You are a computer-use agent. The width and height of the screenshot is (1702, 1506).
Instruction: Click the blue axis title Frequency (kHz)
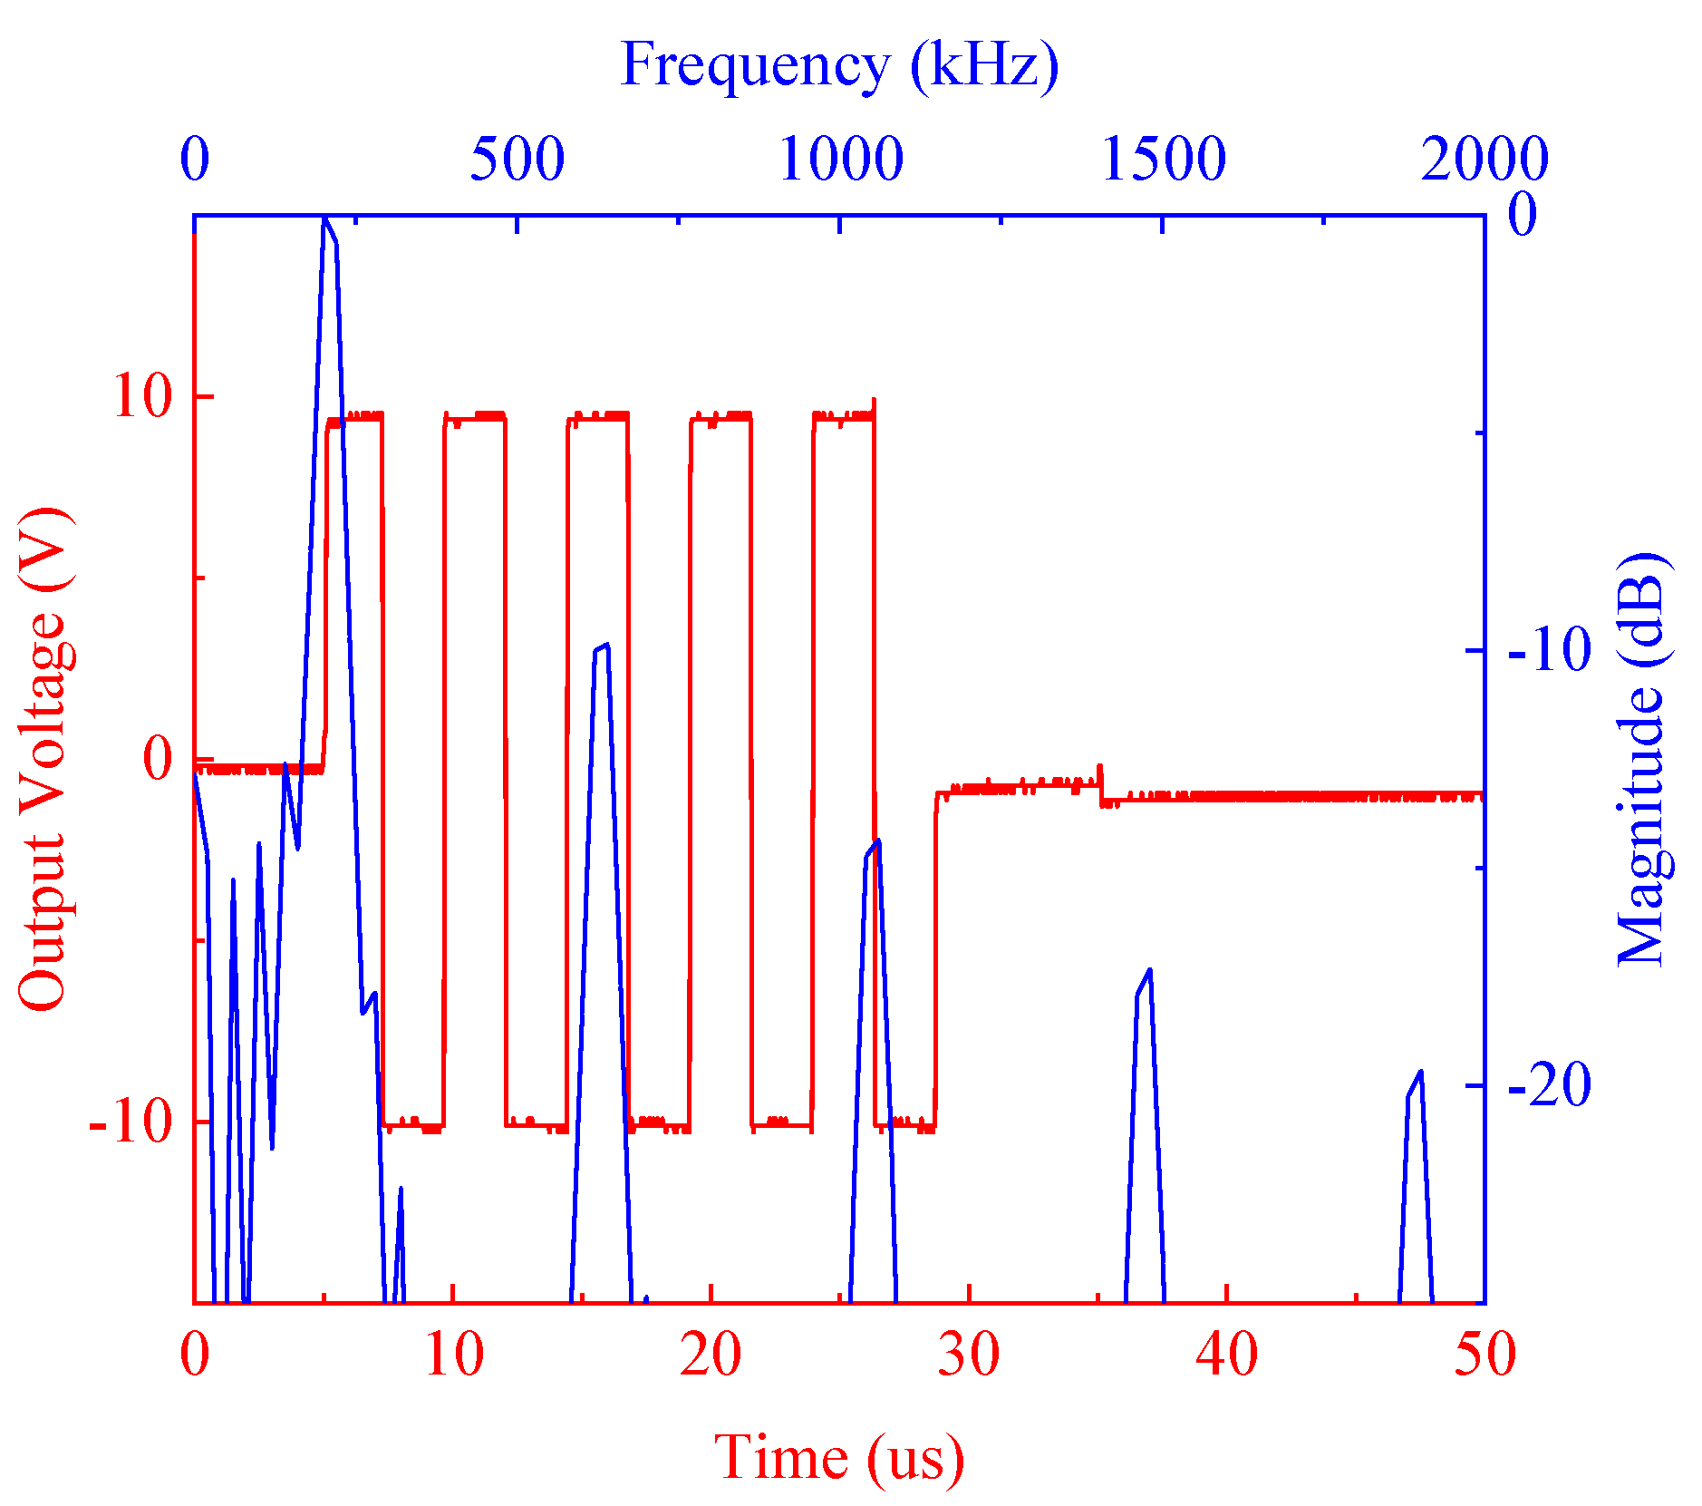838,65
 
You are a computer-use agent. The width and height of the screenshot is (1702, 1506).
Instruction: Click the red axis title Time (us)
838,1458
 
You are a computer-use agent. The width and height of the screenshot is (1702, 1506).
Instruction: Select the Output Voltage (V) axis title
43,760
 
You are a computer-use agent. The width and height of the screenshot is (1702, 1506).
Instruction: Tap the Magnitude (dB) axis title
1642,760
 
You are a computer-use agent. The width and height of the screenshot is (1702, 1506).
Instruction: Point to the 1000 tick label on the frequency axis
841,160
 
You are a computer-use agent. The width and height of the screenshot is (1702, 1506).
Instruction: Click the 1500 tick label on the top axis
1164,160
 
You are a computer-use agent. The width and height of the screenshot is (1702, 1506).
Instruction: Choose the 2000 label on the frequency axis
1484,160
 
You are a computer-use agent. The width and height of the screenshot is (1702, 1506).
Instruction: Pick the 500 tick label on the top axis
517,160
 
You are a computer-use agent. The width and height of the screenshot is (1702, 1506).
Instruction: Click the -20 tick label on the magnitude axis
1550,1085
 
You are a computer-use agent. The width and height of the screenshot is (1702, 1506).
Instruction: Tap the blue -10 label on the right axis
1550,650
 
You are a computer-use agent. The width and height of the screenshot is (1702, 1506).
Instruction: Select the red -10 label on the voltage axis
131,1122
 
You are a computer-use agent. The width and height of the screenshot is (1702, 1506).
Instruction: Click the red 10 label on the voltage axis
142,396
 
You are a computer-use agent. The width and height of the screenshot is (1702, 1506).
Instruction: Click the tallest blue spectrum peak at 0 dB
324,219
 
